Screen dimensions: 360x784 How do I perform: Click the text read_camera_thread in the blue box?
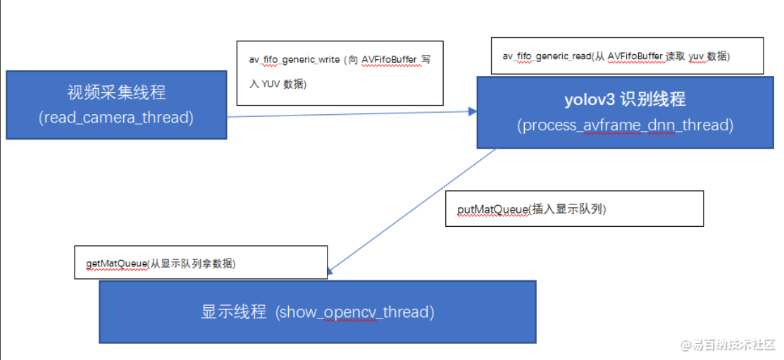click(116, 118)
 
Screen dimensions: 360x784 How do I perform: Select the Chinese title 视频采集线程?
click(116, 92)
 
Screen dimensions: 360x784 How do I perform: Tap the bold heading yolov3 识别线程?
click(625, 99)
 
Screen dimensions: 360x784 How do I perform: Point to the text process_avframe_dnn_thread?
click(625, 125)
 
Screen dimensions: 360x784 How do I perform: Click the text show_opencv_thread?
click(355, 312)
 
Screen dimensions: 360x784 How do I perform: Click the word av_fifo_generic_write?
click(294, 60)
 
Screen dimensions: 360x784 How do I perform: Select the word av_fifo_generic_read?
click(547, 56)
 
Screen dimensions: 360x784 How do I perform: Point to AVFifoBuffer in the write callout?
click(390, 60)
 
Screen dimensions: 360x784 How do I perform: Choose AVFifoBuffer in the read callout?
click(636, 56)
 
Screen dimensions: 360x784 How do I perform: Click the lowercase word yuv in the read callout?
click(696, 56)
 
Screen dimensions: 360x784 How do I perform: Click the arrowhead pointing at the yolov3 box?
click(472, 111)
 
